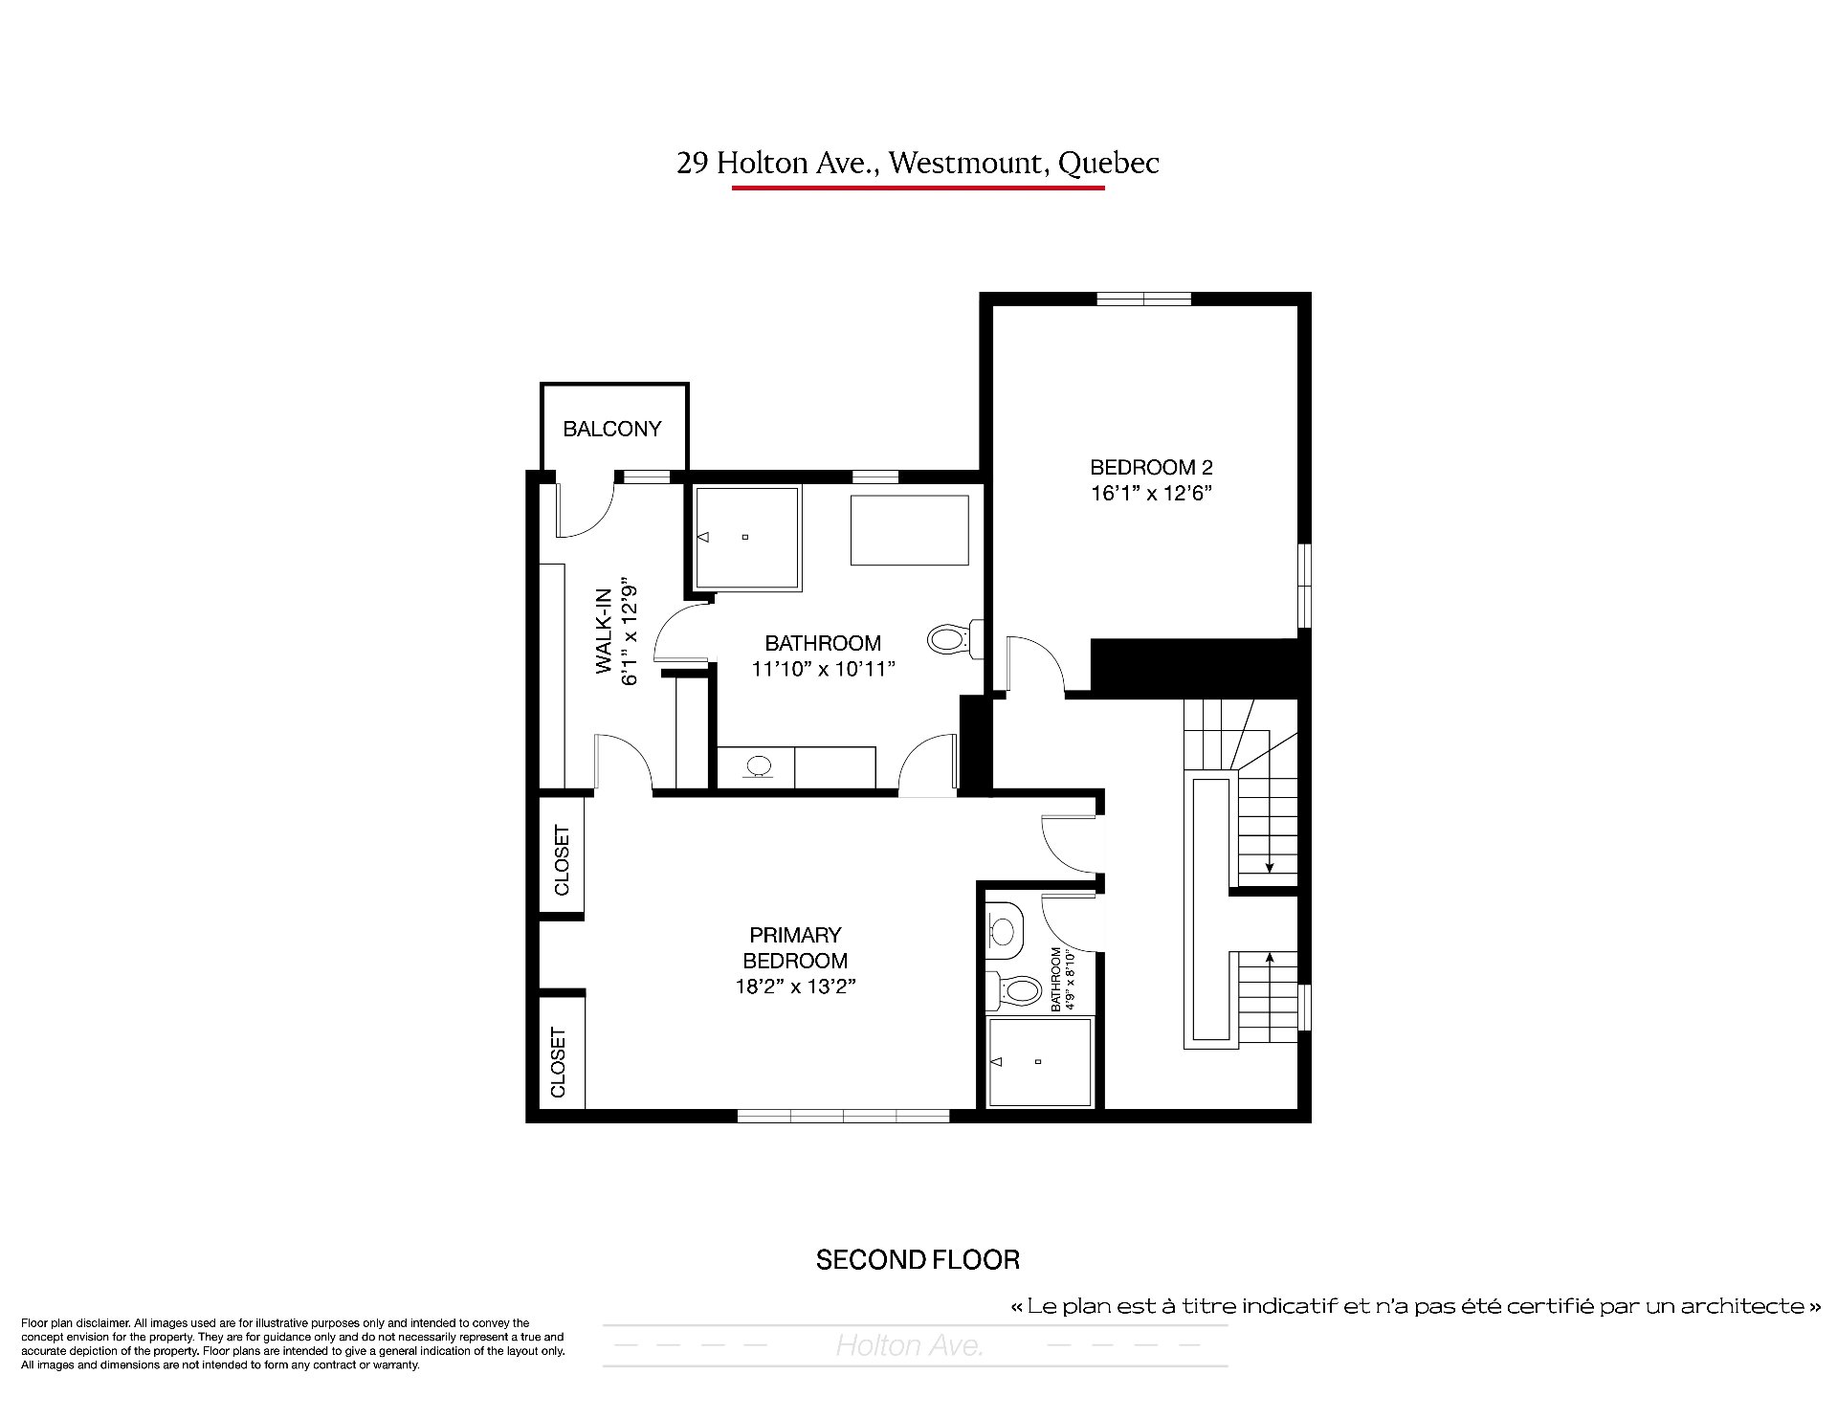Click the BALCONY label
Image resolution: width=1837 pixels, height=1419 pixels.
[x=612, y=429]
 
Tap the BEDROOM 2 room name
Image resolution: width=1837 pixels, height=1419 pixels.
[x=1151, y=468]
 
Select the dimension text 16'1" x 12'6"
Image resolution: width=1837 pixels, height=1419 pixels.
[x=1152, y=494]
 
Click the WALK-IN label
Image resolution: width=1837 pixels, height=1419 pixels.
[x=604, y=631]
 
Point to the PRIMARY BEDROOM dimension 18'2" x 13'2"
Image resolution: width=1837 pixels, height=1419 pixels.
[x=795, y=987]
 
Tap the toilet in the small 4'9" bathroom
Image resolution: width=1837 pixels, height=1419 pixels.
[x=1013, y=988]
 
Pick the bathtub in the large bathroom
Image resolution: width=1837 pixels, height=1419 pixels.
[x=909, y=530]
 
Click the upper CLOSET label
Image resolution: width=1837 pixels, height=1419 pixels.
[x=562, y=860]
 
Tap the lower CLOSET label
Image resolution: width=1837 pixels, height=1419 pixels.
[x=559, y=1062]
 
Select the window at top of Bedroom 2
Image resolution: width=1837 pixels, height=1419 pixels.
[x=1143, y=299]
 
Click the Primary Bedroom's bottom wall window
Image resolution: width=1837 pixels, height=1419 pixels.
[x=843, y=1116]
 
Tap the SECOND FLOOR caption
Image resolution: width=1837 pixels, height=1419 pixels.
[x=918, y=1260]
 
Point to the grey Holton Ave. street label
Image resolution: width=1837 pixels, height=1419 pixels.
[x=909, y=1346]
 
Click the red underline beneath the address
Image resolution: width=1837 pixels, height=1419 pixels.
[x=918, y=188]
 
